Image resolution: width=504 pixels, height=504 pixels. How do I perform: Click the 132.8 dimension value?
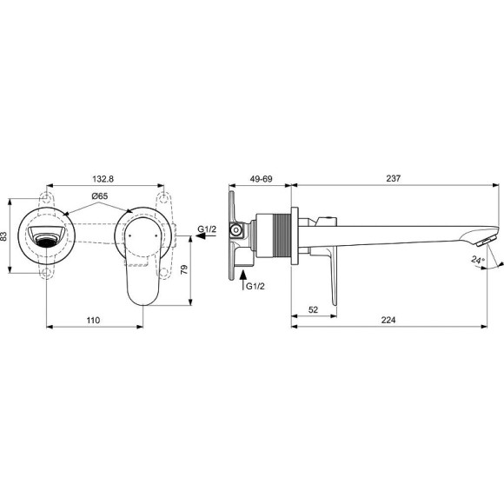point(105,177)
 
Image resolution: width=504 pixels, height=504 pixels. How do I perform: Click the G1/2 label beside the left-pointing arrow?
point(208,229)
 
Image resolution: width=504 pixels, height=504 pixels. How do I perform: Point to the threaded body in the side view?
point(278,235)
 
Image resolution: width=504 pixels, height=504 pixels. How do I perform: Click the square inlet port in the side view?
point(236,231)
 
